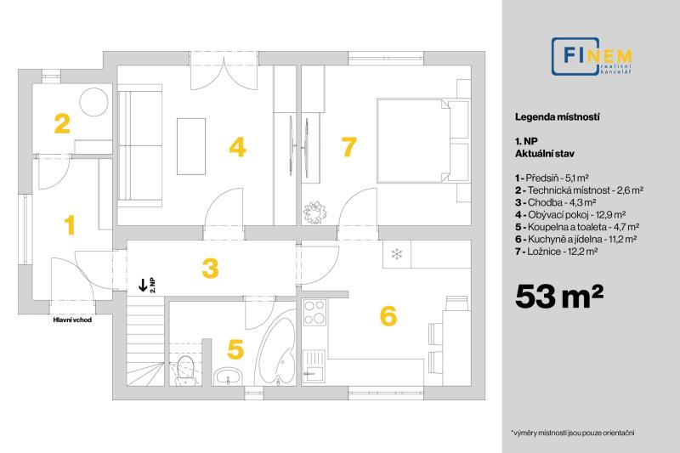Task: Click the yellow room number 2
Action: point(62,123)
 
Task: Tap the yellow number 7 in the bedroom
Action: point(349,146)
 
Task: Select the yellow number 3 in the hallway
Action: point(210,269)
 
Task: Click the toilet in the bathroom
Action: point(186,370)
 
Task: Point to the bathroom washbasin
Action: point(228,377)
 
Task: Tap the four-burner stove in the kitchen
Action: point(314,313)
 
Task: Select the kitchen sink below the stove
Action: point(314,365)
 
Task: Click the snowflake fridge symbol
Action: point(396,254)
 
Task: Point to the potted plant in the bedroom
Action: point(314,212)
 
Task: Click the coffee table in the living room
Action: point(191,146)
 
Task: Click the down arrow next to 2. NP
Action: point(142,285)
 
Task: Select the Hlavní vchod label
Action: point(72,320)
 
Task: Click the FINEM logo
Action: point(592,57)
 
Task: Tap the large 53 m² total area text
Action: point(558,297)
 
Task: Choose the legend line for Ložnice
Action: point(557,252)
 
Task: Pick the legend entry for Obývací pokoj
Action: point(570,214)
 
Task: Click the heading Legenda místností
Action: point(558,117)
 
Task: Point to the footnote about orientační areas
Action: point(573,433)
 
